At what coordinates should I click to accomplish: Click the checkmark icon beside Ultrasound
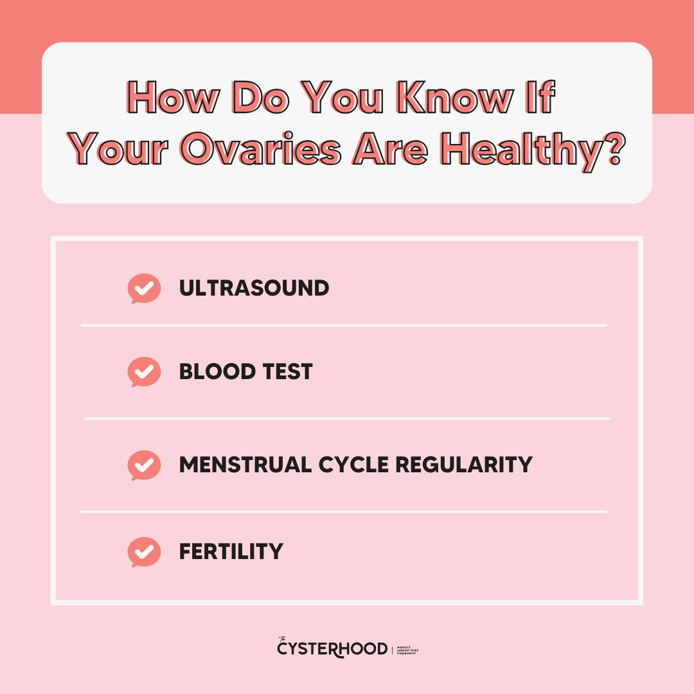tap(144, 289)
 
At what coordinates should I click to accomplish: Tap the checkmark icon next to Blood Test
tap(144, 371)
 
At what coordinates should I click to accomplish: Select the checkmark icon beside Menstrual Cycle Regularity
tap(144, 465)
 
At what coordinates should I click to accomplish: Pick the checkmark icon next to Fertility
tap(144, 551)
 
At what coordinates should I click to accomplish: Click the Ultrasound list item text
tap(254, 289)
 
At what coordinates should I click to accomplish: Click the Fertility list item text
tap(231, 551)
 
